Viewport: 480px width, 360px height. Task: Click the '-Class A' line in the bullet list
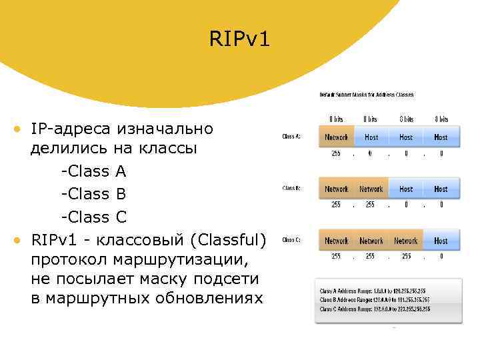tap(93, 171)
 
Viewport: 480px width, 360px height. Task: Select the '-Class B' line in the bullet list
tap(93, 194)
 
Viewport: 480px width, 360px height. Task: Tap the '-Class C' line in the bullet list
tap(93, 217)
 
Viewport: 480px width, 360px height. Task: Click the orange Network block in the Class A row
tap(336, 137)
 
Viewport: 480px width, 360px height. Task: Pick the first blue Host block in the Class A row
tap(371, 137)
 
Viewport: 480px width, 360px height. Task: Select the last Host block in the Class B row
tap(441, 189)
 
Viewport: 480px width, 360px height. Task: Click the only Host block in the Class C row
tap(441, 241)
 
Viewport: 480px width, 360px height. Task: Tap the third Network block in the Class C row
tap(406, 241)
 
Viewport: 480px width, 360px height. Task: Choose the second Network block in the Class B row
tap(371, 189)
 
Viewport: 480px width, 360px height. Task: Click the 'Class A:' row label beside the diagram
tap(291, 137)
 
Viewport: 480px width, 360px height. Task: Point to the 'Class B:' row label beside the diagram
tap(291, 189)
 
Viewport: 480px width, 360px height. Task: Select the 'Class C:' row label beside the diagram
tap(291, 240)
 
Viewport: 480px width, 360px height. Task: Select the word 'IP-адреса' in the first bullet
tap(69, 127)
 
